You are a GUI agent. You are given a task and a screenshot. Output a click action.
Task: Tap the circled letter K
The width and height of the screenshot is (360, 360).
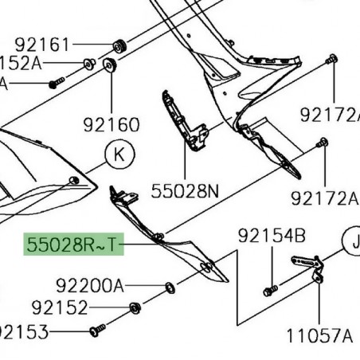click(120, 155)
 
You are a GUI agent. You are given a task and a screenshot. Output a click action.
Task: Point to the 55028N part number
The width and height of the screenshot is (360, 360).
click(186, 191)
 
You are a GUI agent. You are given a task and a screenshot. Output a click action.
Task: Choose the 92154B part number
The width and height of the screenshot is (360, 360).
click(272, 236)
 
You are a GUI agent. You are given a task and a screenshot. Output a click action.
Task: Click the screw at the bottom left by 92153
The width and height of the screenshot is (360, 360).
click(99, 329)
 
